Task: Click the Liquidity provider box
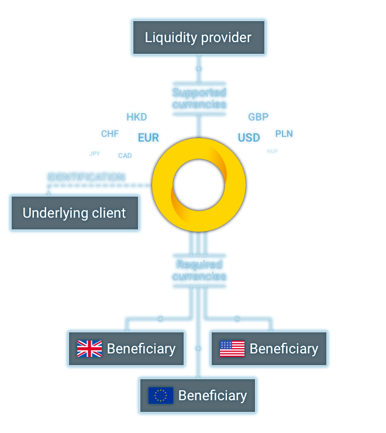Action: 198,38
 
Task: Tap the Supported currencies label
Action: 199,98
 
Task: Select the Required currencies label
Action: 199,270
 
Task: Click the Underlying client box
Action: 74,213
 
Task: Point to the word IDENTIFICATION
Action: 86,177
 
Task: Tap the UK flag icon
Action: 89,349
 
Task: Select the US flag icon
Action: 232,349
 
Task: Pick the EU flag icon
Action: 161,396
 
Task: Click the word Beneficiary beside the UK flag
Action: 141,349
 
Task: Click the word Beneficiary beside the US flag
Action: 284,349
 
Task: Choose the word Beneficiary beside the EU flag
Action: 212,396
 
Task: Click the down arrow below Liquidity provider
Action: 199,70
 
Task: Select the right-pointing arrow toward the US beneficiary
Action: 236,319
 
